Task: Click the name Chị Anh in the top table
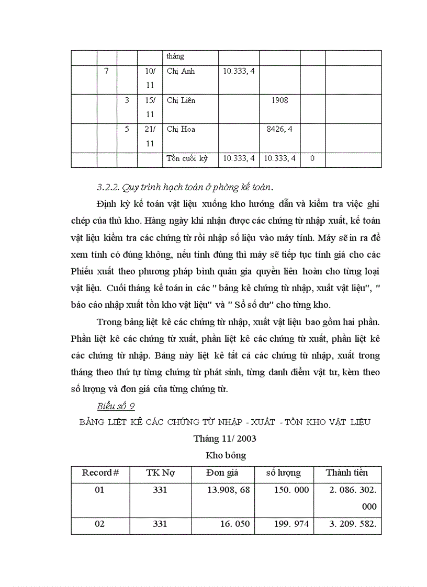click(x=181, y=71)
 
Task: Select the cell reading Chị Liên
click(x=181, y=100)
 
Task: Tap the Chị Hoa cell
click(x=181, y=129)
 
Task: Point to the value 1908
click(x=280, y=100)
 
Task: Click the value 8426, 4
click(x=280, y=129)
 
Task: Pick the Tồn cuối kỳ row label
click(x=187, y=158)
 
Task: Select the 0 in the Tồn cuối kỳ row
click(x=312, y=158)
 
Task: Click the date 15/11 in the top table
click(x=150, y=107)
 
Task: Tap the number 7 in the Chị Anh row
click(x=107, y=71)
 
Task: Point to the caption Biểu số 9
click(x=116, y=406)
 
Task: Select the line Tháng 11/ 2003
click(x=224, y=438)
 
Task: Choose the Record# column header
click(x=100, y=473)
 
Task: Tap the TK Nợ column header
click(x=160, y=473)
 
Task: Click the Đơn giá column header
click(x=222, y=473)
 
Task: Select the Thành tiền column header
click(x=347, y=473)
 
